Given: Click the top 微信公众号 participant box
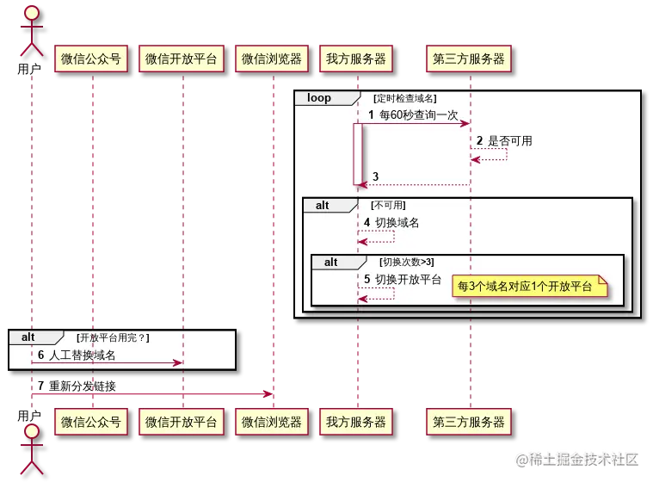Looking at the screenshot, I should coord(91,59).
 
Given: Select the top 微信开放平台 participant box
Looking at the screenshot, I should coord(182,59).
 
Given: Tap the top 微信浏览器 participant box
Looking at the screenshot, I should coord(271,59).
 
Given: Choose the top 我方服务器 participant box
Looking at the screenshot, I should coord(356,59).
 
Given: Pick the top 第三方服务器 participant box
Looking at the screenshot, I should coord(469,59).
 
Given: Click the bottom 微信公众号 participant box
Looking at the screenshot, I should coord(91,422).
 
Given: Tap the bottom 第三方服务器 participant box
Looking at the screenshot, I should coord(469,422).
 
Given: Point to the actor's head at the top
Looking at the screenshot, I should coord(31,13).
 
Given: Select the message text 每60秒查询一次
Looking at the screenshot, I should coord(418,114).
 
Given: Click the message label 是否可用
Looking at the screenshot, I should coord(510,140).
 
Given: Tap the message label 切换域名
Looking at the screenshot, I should coord(397,222).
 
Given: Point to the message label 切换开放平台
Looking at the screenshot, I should coord(408,280).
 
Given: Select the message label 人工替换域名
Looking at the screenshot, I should coord(82,354).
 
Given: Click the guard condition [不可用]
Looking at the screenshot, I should coord(388,205).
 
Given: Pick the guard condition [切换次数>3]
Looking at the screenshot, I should coord(407,262).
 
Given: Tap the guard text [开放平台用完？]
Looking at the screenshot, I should coord(113,337).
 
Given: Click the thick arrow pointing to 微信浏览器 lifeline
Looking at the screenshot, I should coord(151,394).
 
